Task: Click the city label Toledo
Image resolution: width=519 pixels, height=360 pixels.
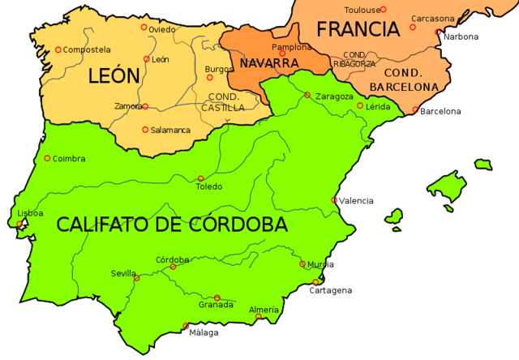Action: [208, 186]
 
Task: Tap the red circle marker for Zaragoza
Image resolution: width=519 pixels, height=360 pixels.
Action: [307, 95]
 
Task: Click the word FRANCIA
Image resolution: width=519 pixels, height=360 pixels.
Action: [358, 30]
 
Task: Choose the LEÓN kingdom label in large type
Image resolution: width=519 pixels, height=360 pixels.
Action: [114, 77]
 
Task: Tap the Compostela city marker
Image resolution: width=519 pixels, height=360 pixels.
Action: [58, 49]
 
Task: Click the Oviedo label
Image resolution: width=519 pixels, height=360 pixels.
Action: [161, 30]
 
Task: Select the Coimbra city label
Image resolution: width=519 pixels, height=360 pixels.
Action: [69, 159]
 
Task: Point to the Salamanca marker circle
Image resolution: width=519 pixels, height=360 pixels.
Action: [145, 130]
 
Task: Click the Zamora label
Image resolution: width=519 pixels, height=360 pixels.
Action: [129, 106]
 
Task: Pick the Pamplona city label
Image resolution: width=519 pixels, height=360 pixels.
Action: [291, 47]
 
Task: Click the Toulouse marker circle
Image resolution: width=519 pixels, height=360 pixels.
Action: [384, 10]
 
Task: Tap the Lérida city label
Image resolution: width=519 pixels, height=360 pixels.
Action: [378, 107]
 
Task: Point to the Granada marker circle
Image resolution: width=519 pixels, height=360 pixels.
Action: [217, 298]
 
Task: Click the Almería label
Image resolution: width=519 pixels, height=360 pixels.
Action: [264, 310]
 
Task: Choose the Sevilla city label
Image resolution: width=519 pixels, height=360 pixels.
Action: [124, 273]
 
